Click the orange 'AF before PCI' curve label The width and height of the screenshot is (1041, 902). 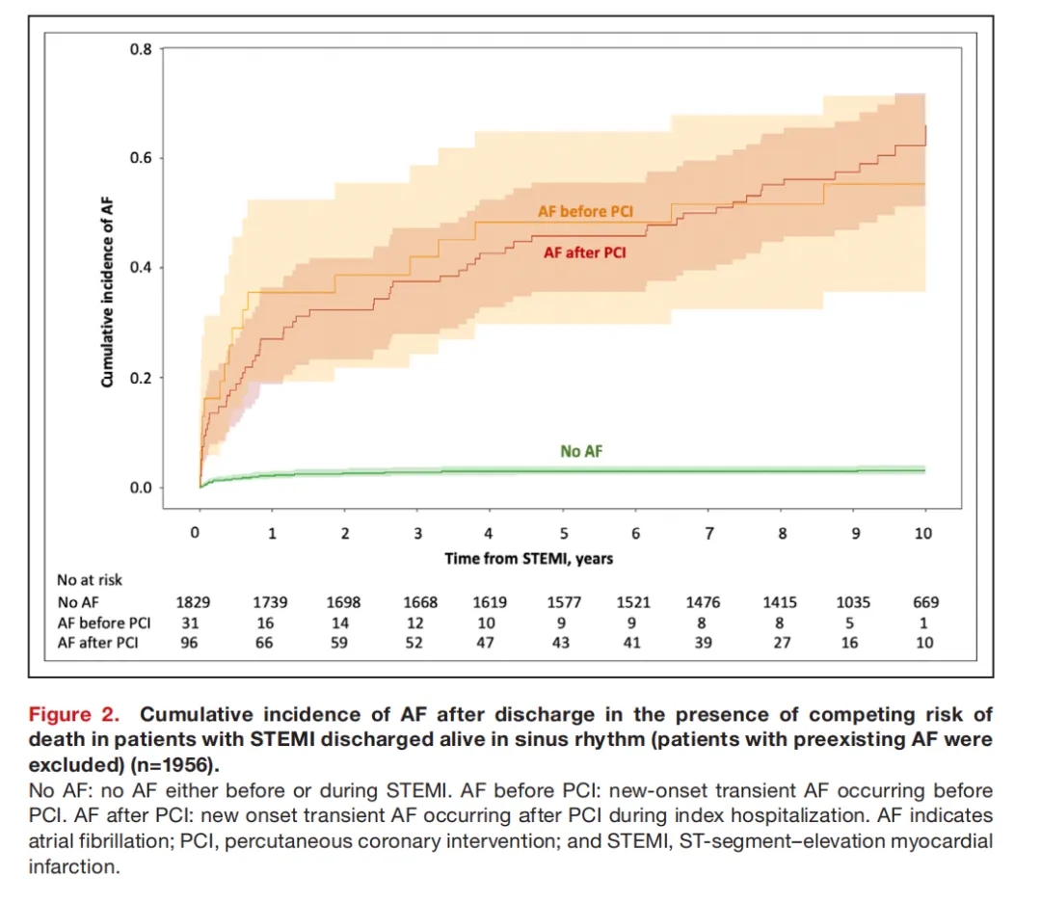click(x=584, y=211)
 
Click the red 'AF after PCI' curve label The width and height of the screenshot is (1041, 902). click(x=584, y=253)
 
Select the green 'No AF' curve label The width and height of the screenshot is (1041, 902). click(x=582, y=450)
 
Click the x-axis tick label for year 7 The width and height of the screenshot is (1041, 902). click(x=709, y=534)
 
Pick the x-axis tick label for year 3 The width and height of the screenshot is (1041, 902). click(x=417, y=534)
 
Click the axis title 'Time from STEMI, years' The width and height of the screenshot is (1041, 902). click(x=528, y=558)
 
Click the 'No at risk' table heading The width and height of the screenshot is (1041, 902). click(x=90, y=580)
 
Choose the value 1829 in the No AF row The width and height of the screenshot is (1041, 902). click(x=191, y=602)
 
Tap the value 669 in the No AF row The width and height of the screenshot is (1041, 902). click(x=924, y=602)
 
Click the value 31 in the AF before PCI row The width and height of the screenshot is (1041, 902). click(x=191, y=623)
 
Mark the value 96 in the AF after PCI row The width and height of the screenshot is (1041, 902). click(x=191, y=643)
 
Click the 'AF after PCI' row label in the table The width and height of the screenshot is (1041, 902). click(x=97, y=643)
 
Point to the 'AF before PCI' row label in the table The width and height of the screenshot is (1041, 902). click(x=102, y=623)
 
